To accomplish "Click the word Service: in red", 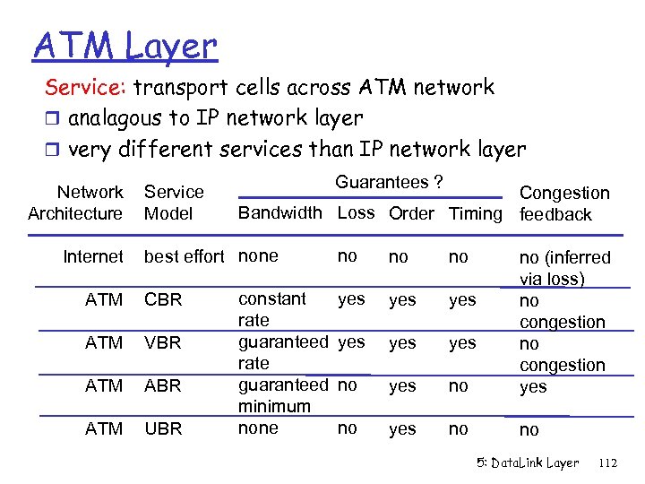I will point(88,87).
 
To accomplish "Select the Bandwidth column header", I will point(279,213).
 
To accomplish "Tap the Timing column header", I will point(475,213).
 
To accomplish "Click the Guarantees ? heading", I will point(388,182).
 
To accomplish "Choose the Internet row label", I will point(93,257).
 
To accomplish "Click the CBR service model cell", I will point(162,300).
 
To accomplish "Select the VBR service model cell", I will point(162,343).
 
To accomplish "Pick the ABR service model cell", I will point(162,386).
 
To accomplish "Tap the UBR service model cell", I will point(162,429).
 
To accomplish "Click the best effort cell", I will point(185,257).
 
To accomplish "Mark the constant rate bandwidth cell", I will point(272,309).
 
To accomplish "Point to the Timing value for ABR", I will point(458,386).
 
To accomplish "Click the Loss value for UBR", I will point(348,428).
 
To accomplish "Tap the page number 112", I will point(607,463).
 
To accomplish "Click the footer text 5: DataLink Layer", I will point(527,463).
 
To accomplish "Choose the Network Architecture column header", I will point(75,203).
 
